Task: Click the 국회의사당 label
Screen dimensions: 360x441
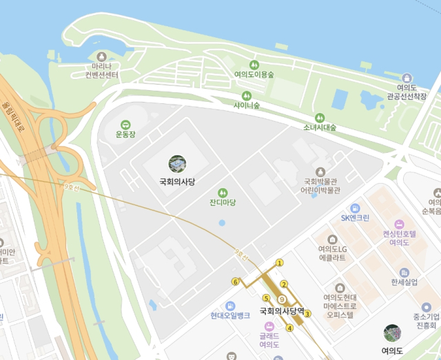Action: pyautogui.click(x=177, y=182)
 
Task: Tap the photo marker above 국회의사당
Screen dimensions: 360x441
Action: pyautogui.click(x=177, y=164)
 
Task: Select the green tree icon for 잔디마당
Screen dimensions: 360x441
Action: pyautogui.click(x=223, y=193)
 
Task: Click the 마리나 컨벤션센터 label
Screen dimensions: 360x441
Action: pyautogui.click(x=102, y=70)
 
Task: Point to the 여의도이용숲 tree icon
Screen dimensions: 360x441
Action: pyautogui.click(x=254, y=64)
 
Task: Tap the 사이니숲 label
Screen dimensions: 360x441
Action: pyautogui.click(x=246, y=105)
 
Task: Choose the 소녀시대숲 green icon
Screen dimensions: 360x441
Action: pyautogui.click(x=320, y=118)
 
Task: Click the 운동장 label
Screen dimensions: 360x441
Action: pyautogui.click(x=125, y=134)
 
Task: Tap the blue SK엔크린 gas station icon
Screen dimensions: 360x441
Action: pyautogui.click(x=355, y=208)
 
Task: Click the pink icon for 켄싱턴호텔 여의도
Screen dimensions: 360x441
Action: pyautogui.click(x=399, y=224)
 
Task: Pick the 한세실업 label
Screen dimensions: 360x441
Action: pyautogui.click(x=404, y=282)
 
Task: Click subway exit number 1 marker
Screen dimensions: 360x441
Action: pyautogui.click(x=279, y=263)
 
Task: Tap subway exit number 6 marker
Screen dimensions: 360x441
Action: pyautogui.click(x=236, y=282)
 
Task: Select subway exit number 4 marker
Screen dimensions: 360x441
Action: pyautogui.click(x=289, y=328)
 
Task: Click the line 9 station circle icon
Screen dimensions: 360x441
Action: pyautogui.click(x=282, y=299)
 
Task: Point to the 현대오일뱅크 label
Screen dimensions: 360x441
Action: pyautogui.click(x=230, y=316)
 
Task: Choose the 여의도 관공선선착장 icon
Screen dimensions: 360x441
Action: pyautogui.click(x=407, y=78)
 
